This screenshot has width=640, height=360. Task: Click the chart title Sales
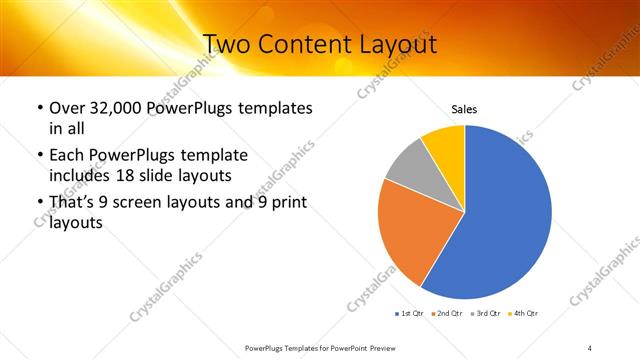click(x=464, y=109)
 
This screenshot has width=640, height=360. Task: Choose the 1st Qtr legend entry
click(x=409, y=314)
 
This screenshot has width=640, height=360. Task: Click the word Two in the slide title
click(x=227, y=45)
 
